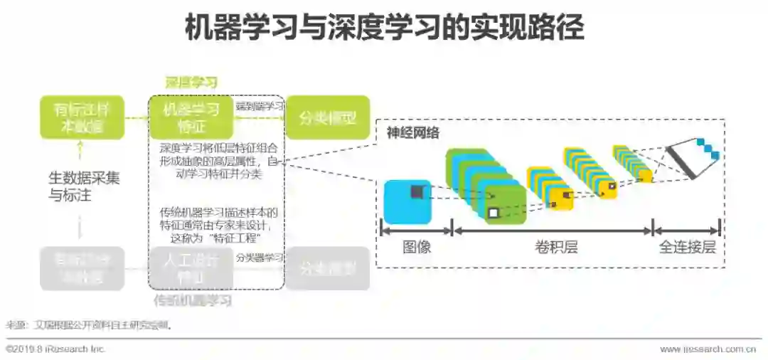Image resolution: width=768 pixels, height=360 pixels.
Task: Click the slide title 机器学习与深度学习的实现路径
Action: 384,28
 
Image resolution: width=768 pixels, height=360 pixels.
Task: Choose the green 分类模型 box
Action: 327,117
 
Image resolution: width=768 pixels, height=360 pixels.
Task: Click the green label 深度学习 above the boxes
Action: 191,83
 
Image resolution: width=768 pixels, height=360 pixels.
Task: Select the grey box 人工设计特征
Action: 191,268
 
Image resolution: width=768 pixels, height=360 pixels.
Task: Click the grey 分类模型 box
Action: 327,268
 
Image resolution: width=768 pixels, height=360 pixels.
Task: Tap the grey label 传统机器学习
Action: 192,301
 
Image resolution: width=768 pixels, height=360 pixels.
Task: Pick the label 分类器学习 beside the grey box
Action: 260,258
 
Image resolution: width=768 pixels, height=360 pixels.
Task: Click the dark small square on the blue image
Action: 416,191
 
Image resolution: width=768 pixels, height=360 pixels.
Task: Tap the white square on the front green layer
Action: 494,213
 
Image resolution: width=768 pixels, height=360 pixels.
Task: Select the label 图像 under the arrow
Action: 417,248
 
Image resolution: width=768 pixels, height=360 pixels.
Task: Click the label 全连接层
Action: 687,248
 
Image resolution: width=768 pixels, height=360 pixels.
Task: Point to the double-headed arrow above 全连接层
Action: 687,231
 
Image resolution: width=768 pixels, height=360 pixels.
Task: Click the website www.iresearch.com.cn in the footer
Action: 708,349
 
